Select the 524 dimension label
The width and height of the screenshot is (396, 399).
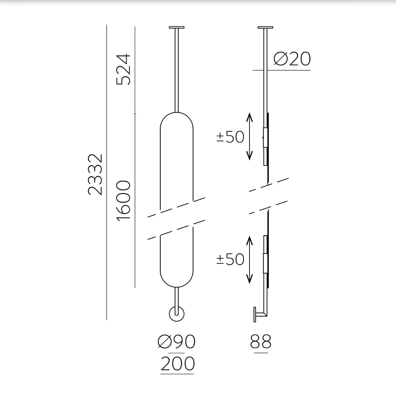123,69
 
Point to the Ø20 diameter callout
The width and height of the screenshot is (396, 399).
292,59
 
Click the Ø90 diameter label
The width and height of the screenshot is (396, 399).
176,342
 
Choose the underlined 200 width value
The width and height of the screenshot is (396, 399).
177,364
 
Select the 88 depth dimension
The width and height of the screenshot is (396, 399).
260,342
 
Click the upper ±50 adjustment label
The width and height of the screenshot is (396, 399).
230,137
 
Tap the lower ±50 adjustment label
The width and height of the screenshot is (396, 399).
230,259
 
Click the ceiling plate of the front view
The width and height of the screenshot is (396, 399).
177,27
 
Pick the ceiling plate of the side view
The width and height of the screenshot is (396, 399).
265,27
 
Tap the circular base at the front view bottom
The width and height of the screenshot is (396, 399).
177,314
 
